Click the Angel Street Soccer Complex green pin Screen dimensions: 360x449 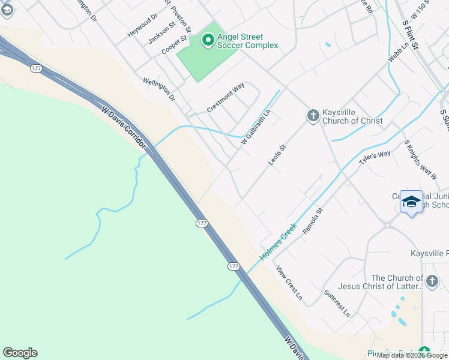(208, 40)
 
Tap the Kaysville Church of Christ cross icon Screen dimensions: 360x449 (312, 115)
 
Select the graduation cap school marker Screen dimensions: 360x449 (411, 202)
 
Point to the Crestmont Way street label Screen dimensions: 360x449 (226, 97)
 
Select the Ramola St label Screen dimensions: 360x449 (313, 220)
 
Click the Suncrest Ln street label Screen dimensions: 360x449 (337, 303)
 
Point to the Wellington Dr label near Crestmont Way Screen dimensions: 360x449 (158, 89)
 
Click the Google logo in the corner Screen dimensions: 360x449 (20, 353)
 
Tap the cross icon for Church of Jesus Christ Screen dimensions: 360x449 (432, 281)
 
